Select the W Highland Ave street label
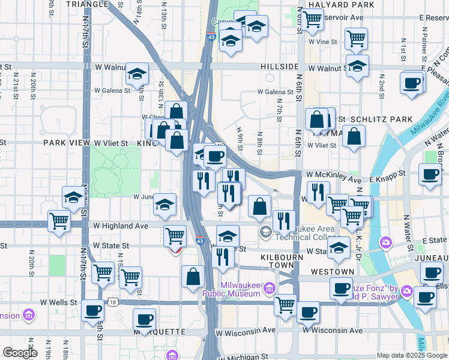point(120,226)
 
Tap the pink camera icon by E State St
point(385,241)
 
